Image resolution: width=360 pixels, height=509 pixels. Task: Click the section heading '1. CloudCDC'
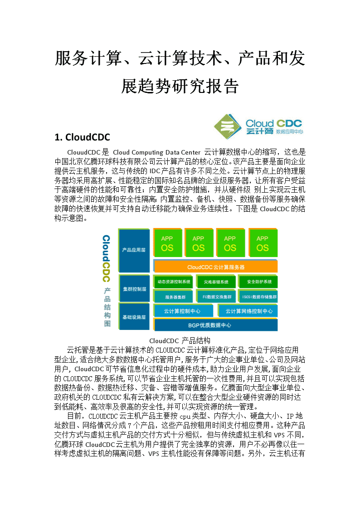pos(82,137)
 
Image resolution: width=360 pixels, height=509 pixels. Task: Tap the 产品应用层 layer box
pos(134,250)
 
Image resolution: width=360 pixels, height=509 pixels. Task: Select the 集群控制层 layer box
pos(134,289)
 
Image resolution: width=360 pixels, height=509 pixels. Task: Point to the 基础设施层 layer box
pos(134,317)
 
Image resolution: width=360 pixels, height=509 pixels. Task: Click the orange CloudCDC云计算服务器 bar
pos(215,267)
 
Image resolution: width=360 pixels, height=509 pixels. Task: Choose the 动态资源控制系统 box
pos(173,281)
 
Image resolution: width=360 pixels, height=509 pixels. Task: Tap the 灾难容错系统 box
pos(216,282)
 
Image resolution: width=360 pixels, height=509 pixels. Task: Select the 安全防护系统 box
pos(258,281)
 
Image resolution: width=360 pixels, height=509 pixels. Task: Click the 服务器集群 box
pos(175,296)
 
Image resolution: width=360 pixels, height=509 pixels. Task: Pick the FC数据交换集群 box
pos(217,296)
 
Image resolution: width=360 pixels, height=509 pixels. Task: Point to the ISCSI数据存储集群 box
pos(259,296)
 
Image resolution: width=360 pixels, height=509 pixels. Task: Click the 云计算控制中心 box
pos(183,310)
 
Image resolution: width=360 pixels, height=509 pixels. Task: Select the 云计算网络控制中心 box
pos(248,310)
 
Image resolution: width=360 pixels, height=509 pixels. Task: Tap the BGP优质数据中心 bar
pos(215,325)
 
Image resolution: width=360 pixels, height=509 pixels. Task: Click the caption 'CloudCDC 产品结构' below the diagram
pos(180,341)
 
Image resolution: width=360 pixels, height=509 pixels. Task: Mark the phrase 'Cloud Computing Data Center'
pos(156,153)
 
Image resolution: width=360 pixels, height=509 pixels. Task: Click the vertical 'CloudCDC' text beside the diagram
pos(106,258)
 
